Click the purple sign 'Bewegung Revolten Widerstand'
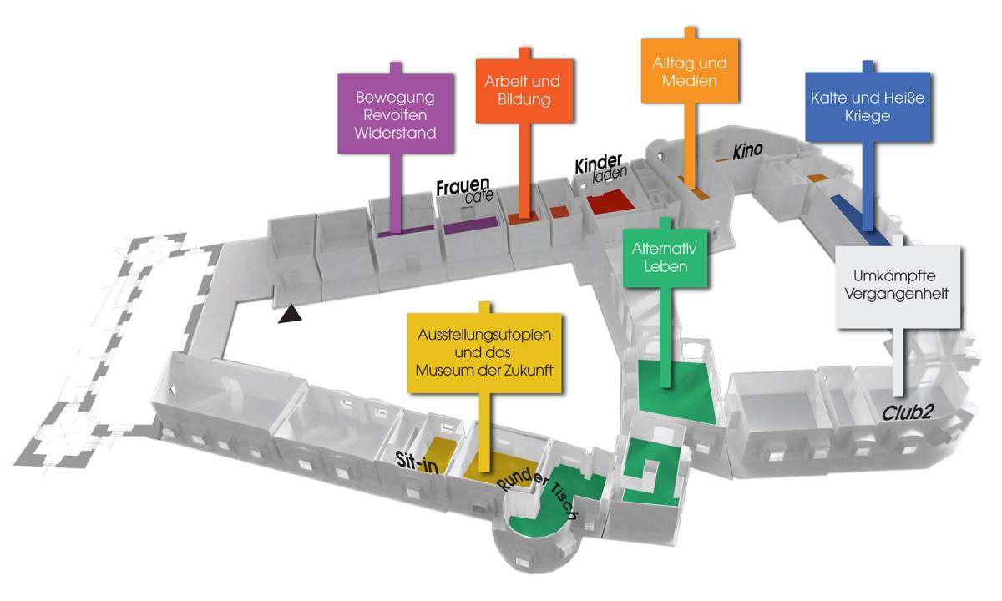[396, 114]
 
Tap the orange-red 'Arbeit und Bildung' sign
[522, 91]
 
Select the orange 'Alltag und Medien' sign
[689, 72]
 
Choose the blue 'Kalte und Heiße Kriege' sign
[867, 106]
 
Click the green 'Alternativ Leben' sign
[665, 258]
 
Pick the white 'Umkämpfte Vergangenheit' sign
[896, 285]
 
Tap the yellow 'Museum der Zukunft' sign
[482, 351]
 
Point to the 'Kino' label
[748, 151]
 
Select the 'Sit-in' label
[417, 463]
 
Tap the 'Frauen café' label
[464, 191]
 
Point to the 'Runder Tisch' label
[538, 494]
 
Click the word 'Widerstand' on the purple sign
[396, 132]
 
